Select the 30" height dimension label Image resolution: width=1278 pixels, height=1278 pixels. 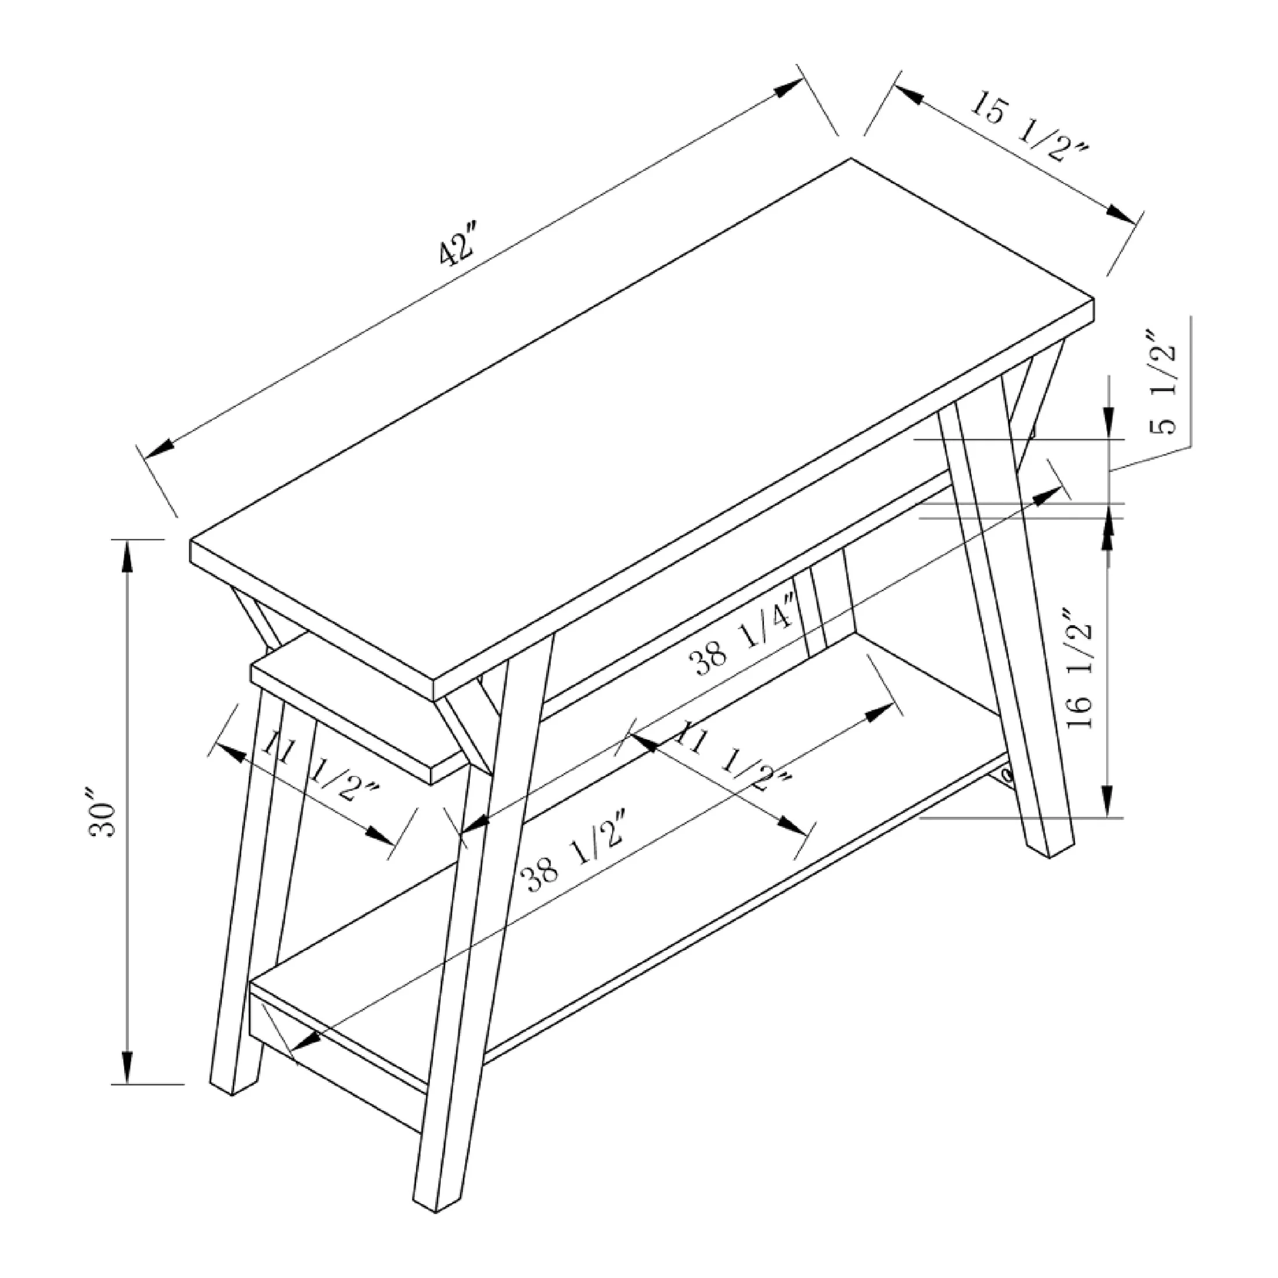point(103,812)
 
